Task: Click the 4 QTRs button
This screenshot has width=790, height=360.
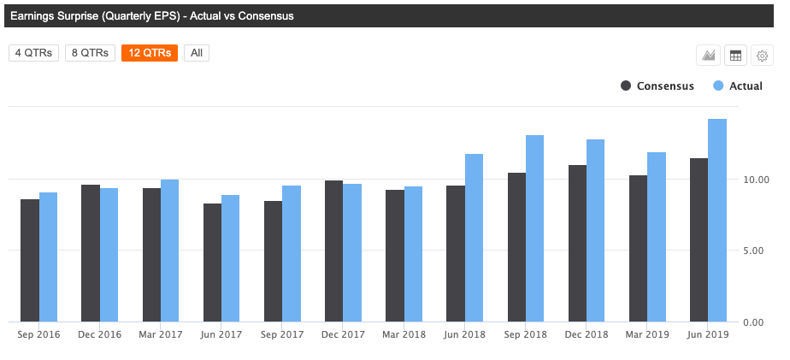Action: click(33, 53)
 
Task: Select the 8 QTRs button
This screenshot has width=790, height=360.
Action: click(90, 53)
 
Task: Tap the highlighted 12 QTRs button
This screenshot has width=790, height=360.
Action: click(150, 53)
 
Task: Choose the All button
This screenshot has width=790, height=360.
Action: click(197, 53)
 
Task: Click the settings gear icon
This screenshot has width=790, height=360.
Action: click(762, 56)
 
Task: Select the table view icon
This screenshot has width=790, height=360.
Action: click(734, 56)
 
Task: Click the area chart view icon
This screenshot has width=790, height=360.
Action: click(708, 56)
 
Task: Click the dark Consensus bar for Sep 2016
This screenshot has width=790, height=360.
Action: click(30, 260)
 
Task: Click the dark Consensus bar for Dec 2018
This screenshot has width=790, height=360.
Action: click(577, 243)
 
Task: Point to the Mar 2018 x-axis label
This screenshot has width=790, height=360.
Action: click(404, 334)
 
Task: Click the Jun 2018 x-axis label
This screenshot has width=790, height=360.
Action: click(464, 334)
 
